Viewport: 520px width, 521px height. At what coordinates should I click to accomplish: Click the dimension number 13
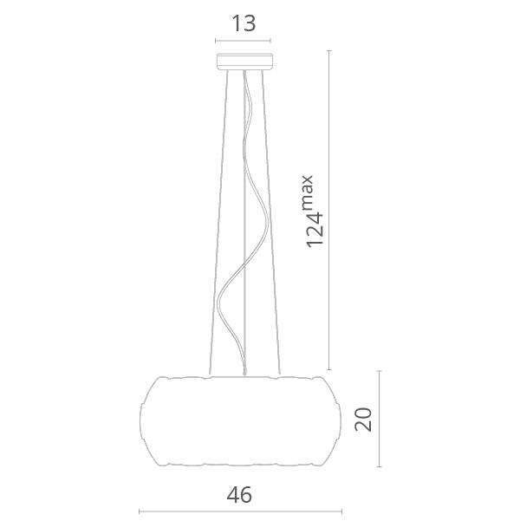(x=244, y=23)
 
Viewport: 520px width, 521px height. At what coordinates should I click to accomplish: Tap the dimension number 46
(x=239, y=495)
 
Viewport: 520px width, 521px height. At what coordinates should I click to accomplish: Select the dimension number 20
(x=363, y=419)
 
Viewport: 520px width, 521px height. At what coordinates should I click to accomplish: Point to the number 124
(x=315, y=230)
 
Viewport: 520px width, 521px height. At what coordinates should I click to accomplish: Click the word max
(x=308, y=192)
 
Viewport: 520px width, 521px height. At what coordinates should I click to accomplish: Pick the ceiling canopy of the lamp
(x=245, y=62)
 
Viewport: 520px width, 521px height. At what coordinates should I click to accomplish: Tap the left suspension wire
(x=218, y=223)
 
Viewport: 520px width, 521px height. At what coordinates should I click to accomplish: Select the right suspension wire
(x=270, y=223)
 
